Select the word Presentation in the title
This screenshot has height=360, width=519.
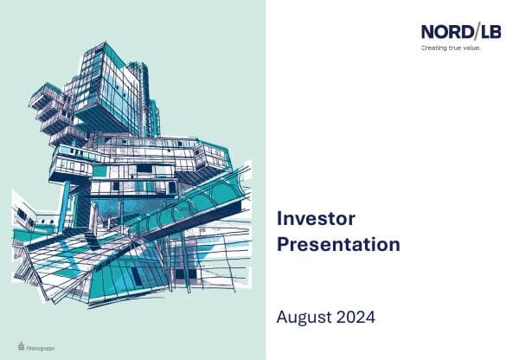[338, 244]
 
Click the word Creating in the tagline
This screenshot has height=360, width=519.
[433, 48]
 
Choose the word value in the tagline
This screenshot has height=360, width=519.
[471, 48]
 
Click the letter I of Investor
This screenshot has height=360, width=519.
[279, 219]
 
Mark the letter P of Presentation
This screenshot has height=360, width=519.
[283, 244]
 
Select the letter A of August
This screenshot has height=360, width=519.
[283, 318]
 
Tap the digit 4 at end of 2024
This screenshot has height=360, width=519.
[370, 318]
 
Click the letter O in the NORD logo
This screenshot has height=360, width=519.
[442, 32]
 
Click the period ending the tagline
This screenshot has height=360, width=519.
[479, 50]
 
